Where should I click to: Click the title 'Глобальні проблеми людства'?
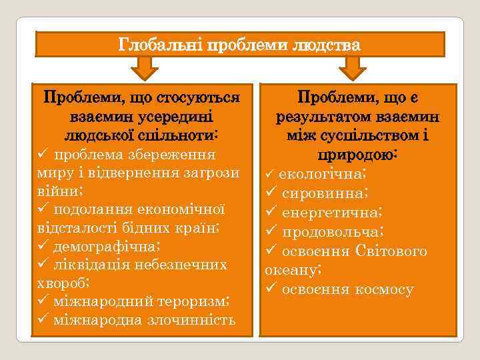(239, 45)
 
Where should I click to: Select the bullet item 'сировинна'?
(323, 193)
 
